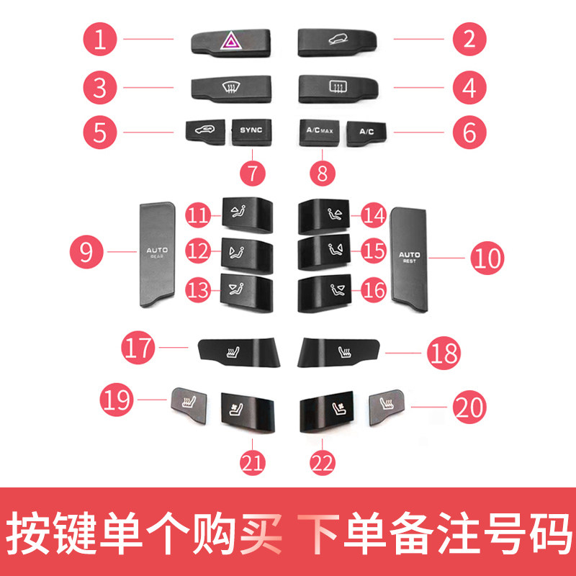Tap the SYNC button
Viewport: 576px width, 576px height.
pyautogui.click(x=251, y=130)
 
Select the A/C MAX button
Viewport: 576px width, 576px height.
pyautogui.click(x=319, y=132)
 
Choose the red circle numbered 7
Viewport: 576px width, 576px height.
pyautogui.click(x=252, y=173)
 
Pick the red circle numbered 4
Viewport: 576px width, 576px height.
pyautogui.click(x=470, y=89)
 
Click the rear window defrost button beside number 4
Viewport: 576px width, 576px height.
pyautogui.click(x=336, y=88)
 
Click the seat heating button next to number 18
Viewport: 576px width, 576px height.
pyautogui.click(x=343, y=351)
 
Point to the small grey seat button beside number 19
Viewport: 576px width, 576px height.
pyautogui.click(x=189, y=401)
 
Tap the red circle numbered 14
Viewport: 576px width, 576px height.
pyautogui.click(x=374, y=215)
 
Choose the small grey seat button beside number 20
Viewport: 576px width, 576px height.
pyautogui.click(x=386, y=406)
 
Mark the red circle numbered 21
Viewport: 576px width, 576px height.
pyautogui.click(x=253, y=459)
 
